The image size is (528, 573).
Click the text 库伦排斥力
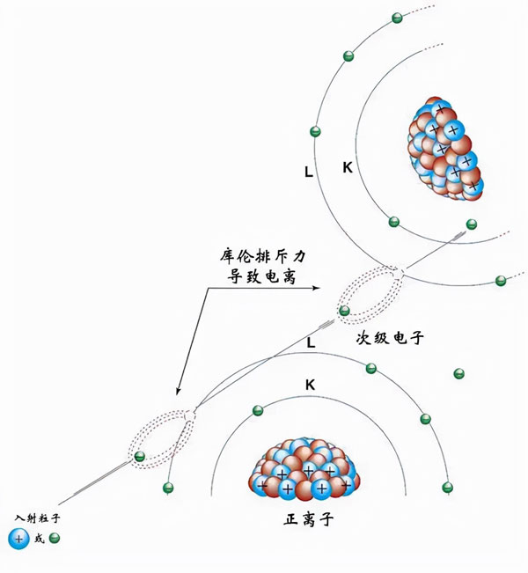coord(264,257)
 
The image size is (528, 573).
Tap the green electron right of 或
coord(55,538)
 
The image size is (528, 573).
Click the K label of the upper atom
coord(348,166)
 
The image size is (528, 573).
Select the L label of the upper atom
coord(308,173)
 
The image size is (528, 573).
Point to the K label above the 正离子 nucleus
coord(310,386)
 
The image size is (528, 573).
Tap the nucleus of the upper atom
coord(446,149)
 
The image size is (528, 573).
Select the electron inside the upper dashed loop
coord(344,311)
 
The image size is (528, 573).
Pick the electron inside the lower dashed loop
coord(139,456)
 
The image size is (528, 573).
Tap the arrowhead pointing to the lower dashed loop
coord(178,393)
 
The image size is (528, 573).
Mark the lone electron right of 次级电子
coord(457,374)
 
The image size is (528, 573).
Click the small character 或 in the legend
coord(39,539)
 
